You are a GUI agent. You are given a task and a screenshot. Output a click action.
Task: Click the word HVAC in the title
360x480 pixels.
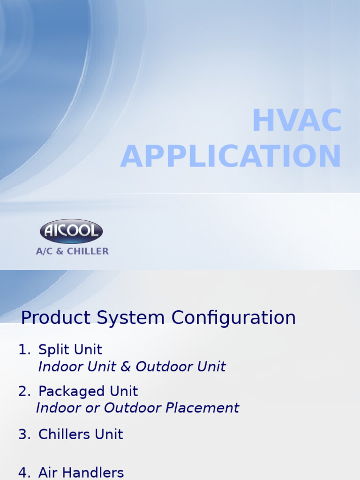point(297,121)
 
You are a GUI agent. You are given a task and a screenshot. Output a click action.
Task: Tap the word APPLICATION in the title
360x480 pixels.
point(231,157)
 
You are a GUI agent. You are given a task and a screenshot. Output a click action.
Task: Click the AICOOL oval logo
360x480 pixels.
point(71,231)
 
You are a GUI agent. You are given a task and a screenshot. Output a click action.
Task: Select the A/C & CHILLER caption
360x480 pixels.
point(72,251)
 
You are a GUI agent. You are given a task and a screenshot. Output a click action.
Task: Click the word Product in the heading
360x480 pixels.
point(55,318)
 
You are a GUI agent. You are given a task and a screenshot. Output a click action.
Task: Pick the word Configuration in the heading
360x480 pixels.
point(233,318)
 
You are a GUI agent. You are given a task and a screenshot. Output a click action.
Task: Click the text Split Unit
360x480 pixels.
point(70,350)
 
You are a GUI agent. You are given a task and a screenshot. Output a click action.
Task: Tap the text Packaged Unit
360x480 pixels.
point(88,391)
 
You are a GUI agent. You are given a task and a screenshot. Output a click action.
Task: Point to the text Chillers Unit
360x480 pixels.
point(81,435)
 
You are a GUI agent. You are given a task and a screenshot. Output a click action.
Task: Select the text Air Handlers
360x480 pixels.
point(81,472)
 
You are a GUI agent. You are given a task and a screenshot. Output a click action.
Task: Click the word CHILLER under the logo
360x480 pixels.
point(88,251)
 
